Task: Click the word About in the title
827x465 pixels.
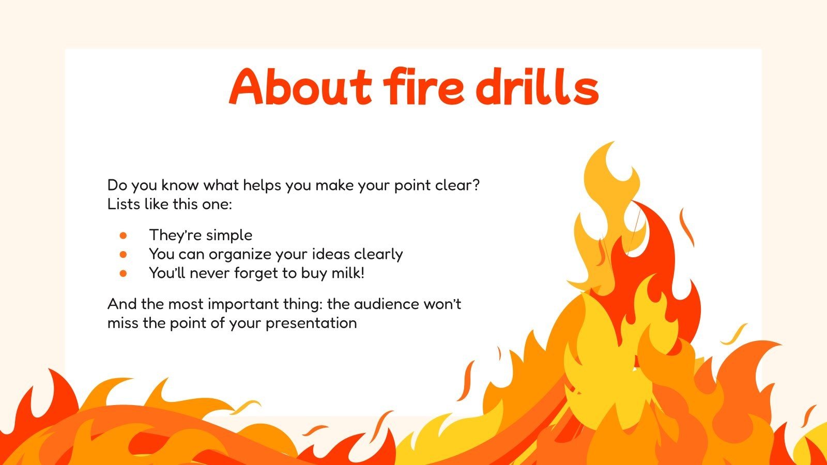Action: click(300, 87)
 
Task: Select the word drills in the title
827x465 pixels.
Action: click(538, 87)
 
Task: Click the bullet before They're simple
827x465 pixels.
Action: click(123, 236)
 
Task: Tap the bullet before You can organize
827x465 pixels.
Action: click(123, 254)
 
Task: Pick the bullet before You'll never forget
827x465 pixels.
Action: click(123, 273)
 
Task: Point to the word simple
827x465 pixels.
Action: click(227, 236)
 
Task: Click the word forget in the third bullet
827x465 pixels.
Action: click(257, 273)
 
